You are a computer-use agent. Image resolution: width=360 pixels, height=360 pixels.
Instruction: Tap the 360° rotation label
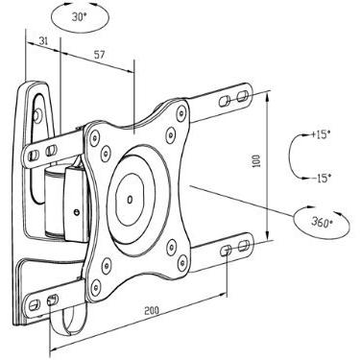(x=316, y=222)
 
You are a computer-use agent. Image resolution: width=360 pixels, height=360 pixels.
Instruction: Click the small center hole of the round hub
(x=132, y=201)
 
